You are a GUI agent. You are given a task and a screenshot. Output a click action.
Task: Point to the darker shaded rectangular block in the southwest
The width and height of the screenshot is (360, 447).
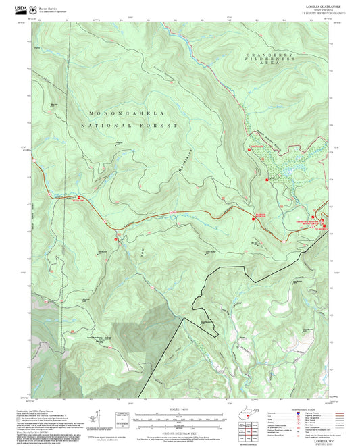135,338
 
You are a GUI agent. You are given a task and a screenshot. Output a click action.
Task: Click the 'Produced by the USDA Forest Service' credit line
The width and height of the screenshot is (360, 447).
45,410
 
